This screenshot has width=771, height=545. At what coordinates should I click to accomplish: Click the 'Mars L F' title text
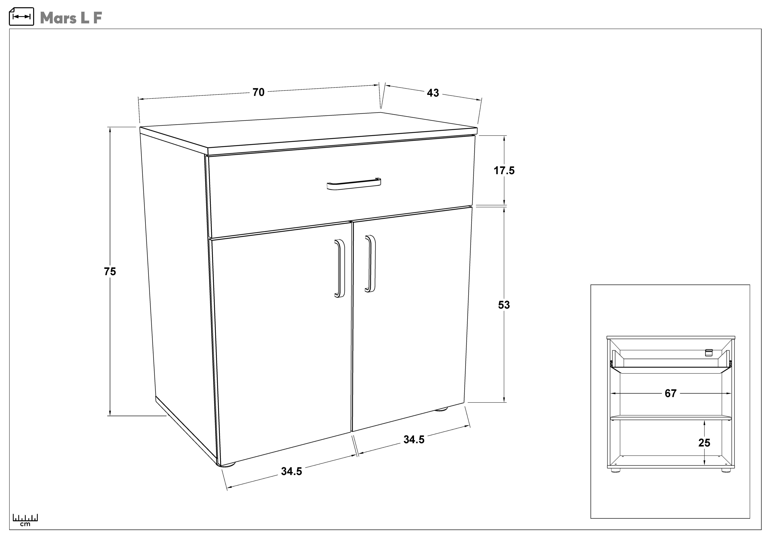coord(71,18)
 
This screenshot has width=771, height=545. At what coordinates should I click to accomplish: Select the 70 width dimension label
coord(259,92)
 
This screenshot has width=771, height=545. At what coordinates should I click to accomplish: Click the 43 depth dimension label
coord(433,93)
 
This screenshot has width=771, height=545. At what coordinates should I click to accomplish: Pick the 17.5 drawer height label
coord(504,171)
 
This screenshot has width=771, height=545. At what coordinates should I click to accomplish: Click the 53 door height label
coord(504,305)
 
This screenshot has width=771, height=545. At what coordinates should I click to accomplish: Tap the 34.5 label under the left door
coord(292,472)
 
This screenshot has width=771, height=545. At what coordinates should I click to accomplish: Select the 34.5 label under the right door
coord(414,440)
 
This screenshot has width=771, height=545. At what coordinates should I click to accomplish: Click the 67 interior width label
coord(671,393)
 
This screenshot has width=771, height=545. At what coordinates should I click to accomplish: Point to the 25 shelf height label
coord(704,443)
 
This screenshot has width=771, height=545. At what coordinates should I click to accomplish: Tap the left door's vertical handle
coord(340,269)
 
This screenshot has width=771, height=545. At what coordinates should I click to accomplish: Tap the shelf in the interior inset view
coord(671,418)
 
